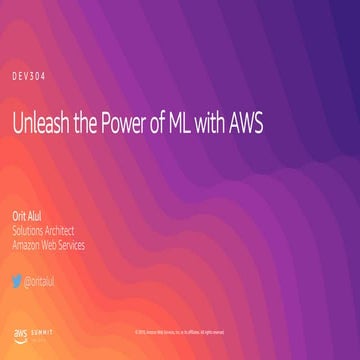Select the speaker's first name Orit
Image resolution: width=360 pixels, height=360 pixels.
click(19, 217)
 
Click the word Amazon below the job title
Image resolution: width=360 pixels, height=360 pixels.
click(29, 245)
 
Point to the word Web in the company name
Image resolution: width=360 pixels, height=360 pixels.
click(57, 245)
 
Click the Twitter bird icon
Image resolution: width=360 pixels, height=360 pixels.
click(17, 281)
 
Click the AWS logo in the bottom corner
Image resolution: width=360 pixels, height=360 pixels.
click(19, 331)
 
